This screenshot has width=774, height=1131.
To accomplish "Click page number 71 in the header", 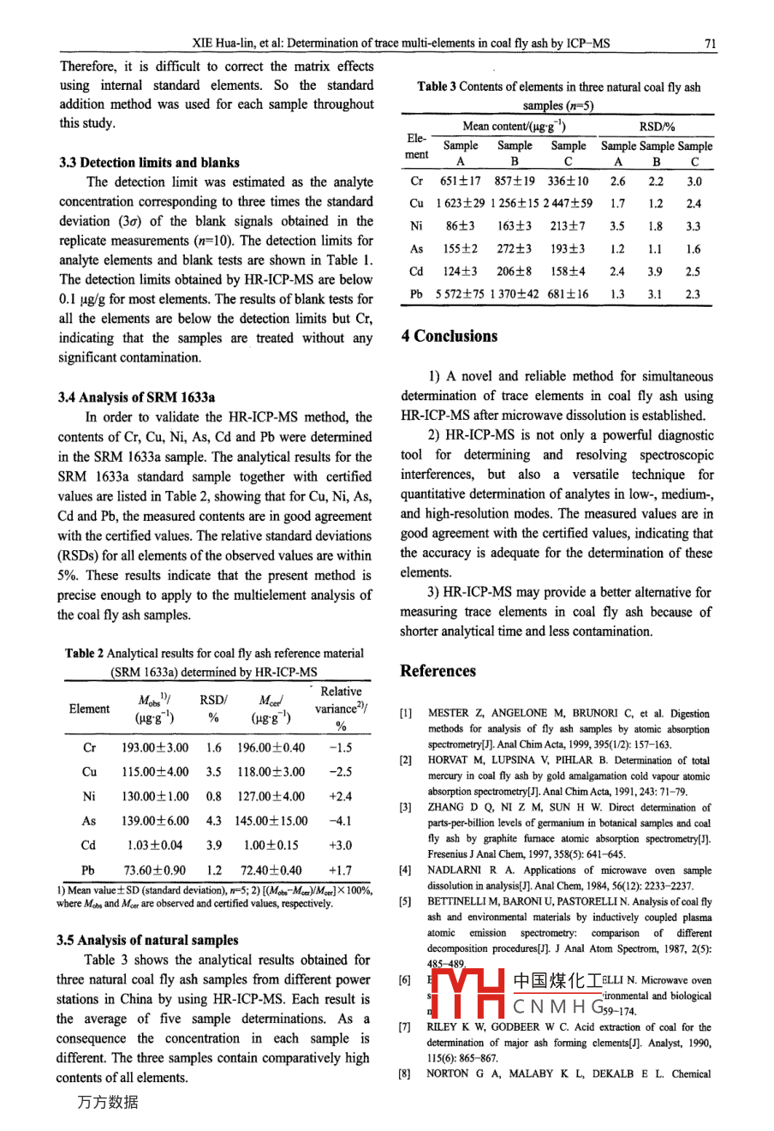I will point(710,43).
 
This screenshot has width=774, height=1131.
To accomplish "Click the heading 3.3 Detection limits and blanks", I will point(149,162).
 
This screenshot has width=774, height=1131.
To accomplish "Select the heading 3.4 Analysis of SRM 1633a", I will point(137,397).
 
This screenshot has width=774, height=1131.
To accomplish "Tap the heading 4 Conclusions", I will point(450,337).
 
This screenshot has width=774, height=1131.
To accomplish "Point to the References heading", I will point(438,671).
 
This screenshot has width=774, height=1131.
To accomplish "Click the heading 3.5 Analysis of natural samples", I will point(147,940).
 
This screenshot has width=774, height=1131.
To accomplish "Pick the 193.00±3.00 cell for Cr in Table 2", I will point(155,747).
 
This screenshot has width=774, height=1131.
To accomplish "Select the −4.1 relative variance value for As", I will point(340,821).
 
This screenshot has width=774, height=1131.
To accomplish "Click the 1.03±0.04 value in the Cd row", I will point(155,845).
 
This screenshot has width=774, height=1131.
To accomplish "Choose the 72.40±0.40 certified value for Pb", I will point(270,870).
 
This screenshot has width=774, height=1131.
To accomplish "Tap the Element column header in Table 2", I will point(89,709).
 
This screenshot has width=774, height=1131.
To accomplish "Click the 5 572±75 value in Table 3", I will point(460,294).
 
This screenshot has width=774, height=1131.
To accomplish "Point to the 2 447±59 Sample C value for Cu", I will point(568,204).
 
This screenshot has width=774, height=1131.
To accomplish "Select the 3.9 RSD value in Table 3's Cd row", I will point(656,272).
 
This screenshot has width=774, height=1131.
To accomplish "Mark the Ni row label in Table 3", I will point(416,226).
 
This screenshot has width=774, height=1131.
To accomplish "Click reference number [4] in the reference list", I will point(405,870).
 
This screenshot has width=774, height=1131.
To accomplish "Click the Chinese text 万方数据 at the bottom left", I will point(107,1103).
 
